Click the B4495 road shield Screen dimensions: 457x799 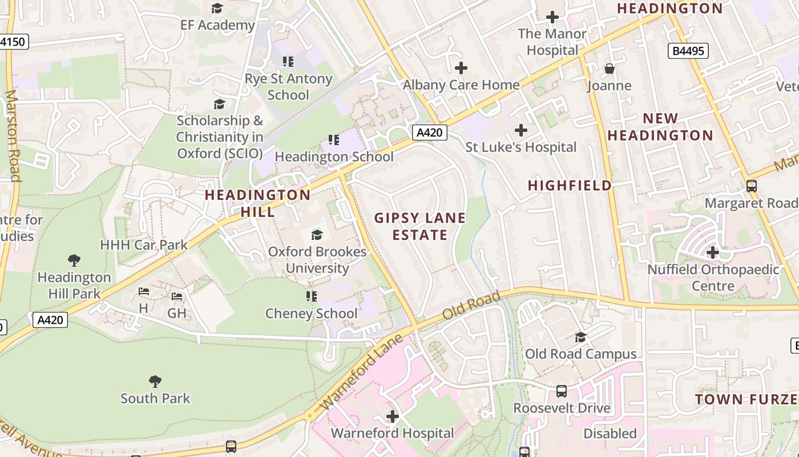[688, 51]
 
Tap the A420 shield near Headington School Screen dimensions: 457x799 [429, 133]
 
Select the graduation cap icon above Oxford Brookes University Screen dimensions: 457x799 [317, 235]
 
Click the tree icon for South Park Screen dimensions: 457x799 [155, 381]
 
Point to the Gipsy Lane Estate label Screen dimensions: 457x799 [420, 226]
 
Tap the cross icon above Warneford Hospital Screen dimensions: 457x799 [393, 416]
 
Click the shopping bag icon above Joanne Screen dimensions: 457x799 [610, 69]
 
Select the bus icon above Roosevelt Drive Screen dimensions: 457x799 [562, 391]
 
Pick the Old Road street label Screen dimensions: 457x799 [471, 305]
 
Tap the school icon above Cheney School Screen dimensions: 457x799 [311, 296]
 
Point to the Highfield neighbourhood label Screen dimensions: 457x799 [570, 185]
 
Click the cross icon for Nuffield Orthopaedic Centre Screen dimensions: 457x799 [712, 252]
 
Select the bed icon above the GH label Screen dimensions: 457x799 [177, 296]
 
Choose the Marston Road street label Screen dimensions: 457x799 [13, 136]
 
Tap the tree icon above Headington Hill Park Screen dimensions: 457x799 [74, 260]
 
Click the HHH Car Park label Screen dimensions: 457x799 [144, 245]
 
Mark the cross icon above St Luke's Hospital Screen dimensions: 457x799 [520, 130]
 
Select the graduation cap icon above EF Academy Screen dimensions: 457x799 [217, 8]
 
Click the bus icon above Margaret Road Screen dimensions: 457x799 [751, 186]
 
